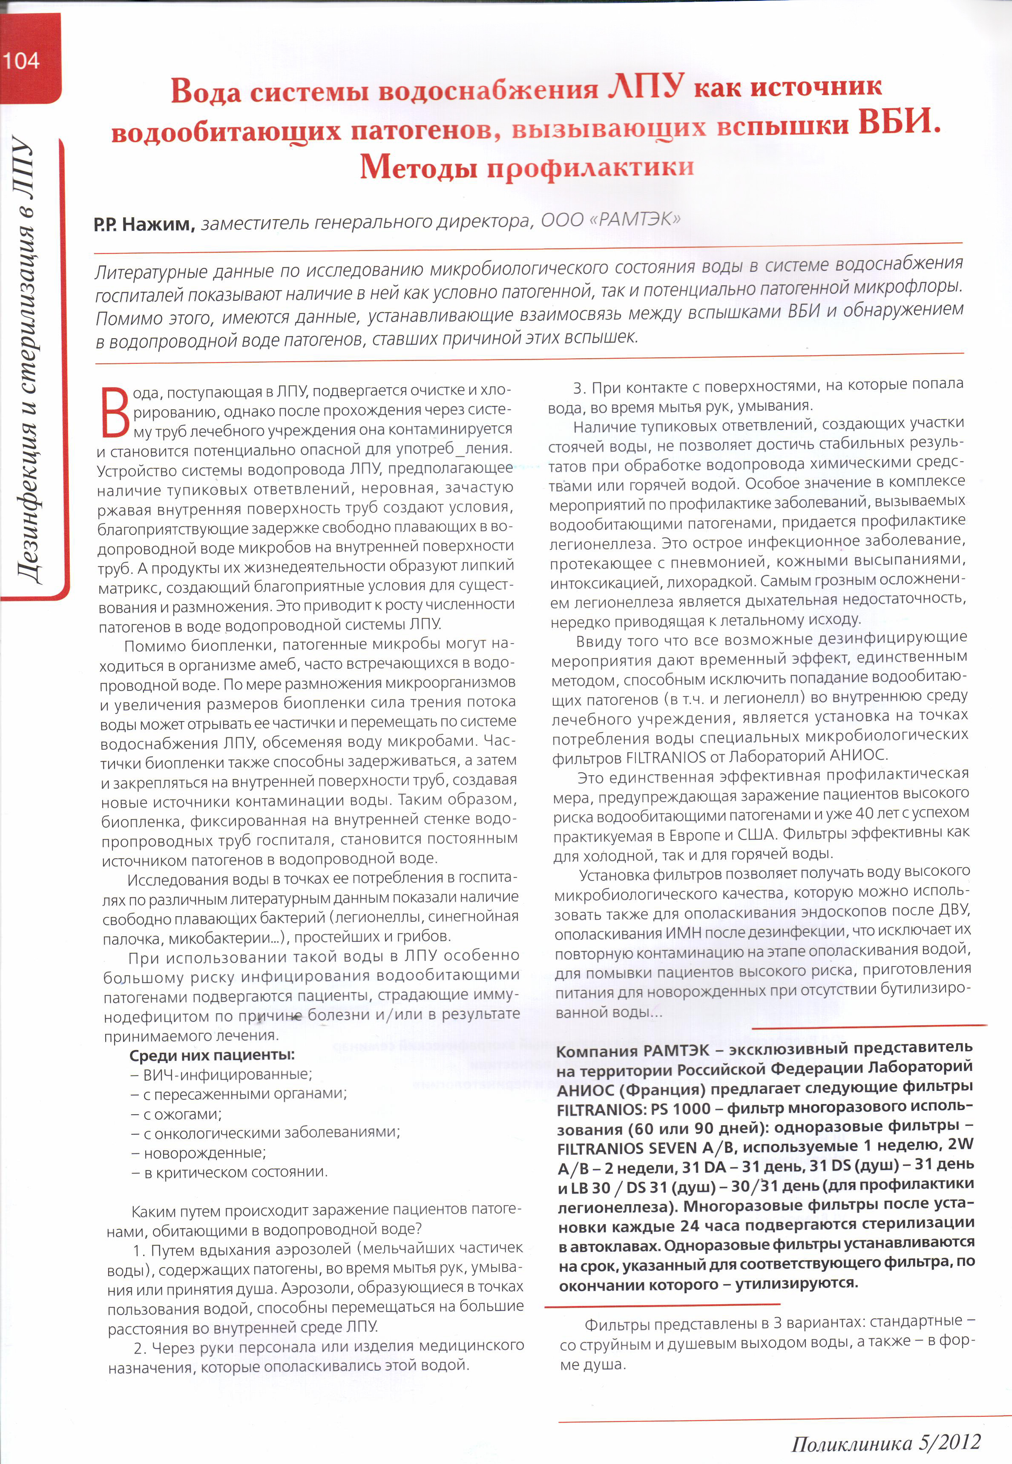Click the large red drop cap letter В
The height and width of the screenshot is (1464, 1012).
tap(115, 412)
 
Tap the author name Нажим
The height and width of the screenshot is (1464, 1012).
tap(158, 224)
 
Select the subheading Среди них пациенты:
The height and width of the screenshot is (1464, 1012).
tap(212, 1055)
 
